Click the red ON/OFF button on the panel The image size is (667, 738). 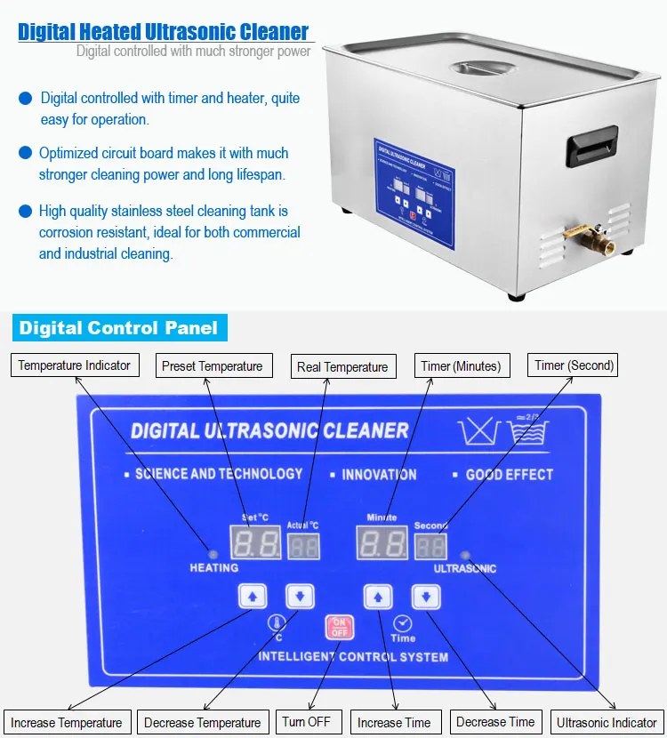pyautogui.click(x=339, y=628)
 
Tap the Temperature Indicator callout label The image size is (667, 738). pyautogui.click(x=75, y=365)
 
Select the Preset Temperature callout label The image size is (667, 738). pyautogui.click(x=212, y=366)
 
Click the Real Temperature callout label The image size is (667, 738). pyautogui.click(x=342, y=366)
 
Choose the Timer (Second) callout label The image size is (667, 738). pyautogui.click(x=575, y=365)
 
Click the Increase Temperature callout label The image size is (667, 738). pyautogui.click(x=67, y=723)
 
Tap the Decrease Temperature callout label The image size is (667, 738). pyautogui.click(x=202, y=723)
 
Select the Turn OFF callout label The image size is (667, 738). pyautogui.click(x=307, y=722)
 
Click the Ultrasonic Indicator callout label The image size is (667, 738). pyautogui.click(x=607, y=723)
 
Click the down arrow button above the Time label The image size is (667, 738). pyautogui.click(x=426, y=597)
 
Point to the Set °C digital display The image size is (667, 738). pyautogui.click(x=256, y=542)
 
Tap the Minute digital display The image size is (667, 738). pyautogui.click(x=382, y=542)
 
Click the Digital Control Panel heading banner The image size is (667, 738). pyautogui.click(x=118, y=328)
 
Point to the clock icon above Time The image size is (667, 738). pyautogui.click(x=402, y=623)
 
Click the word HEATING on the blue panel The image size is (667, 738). pyautogui.click(x=214, y=567)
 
